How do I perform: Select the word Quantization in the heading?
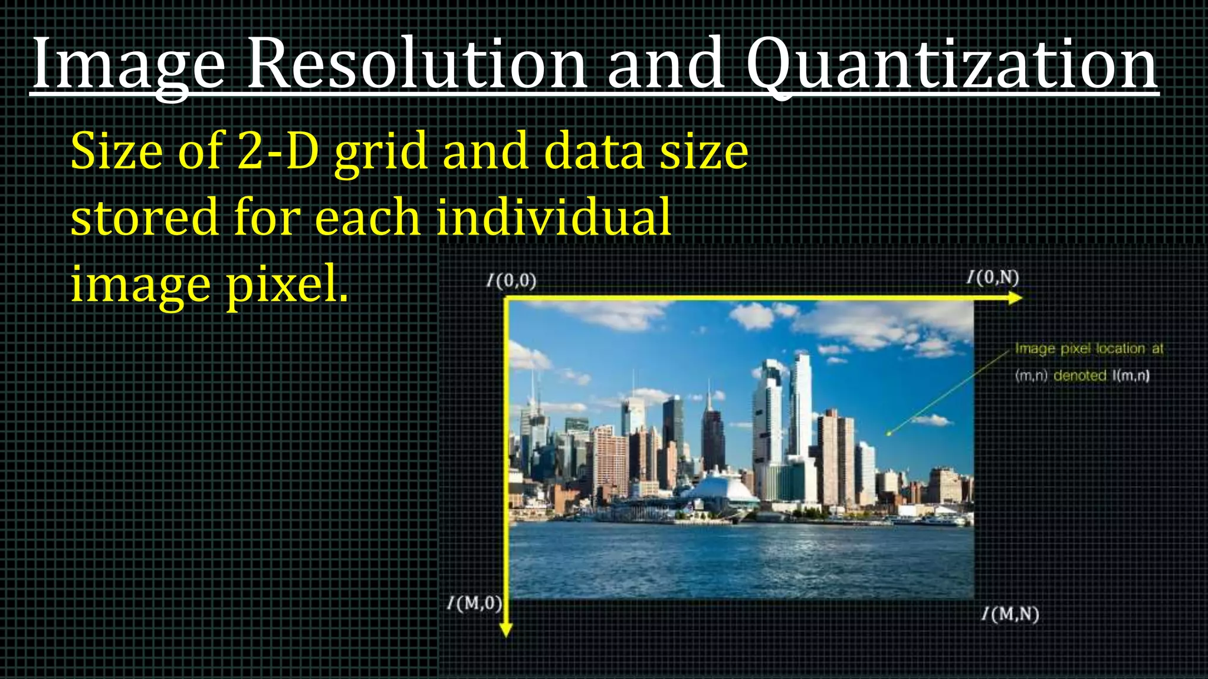pos(951,64)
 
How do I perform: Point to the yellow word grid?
pos(381,152)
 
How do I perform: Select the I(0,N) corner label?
pos(993,278)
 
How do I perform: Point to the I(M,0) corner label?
pos(475,604)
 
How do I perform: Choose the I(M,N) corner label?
pos(1010,614)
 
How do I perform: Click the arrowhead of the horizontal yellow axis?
pos(1015,298)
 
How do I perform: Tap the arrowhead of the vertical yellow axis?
pos(505,630)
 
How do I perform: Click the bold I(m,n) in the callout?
pos(1131,375)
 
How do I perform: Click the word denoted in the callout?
pos(1079,375)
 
